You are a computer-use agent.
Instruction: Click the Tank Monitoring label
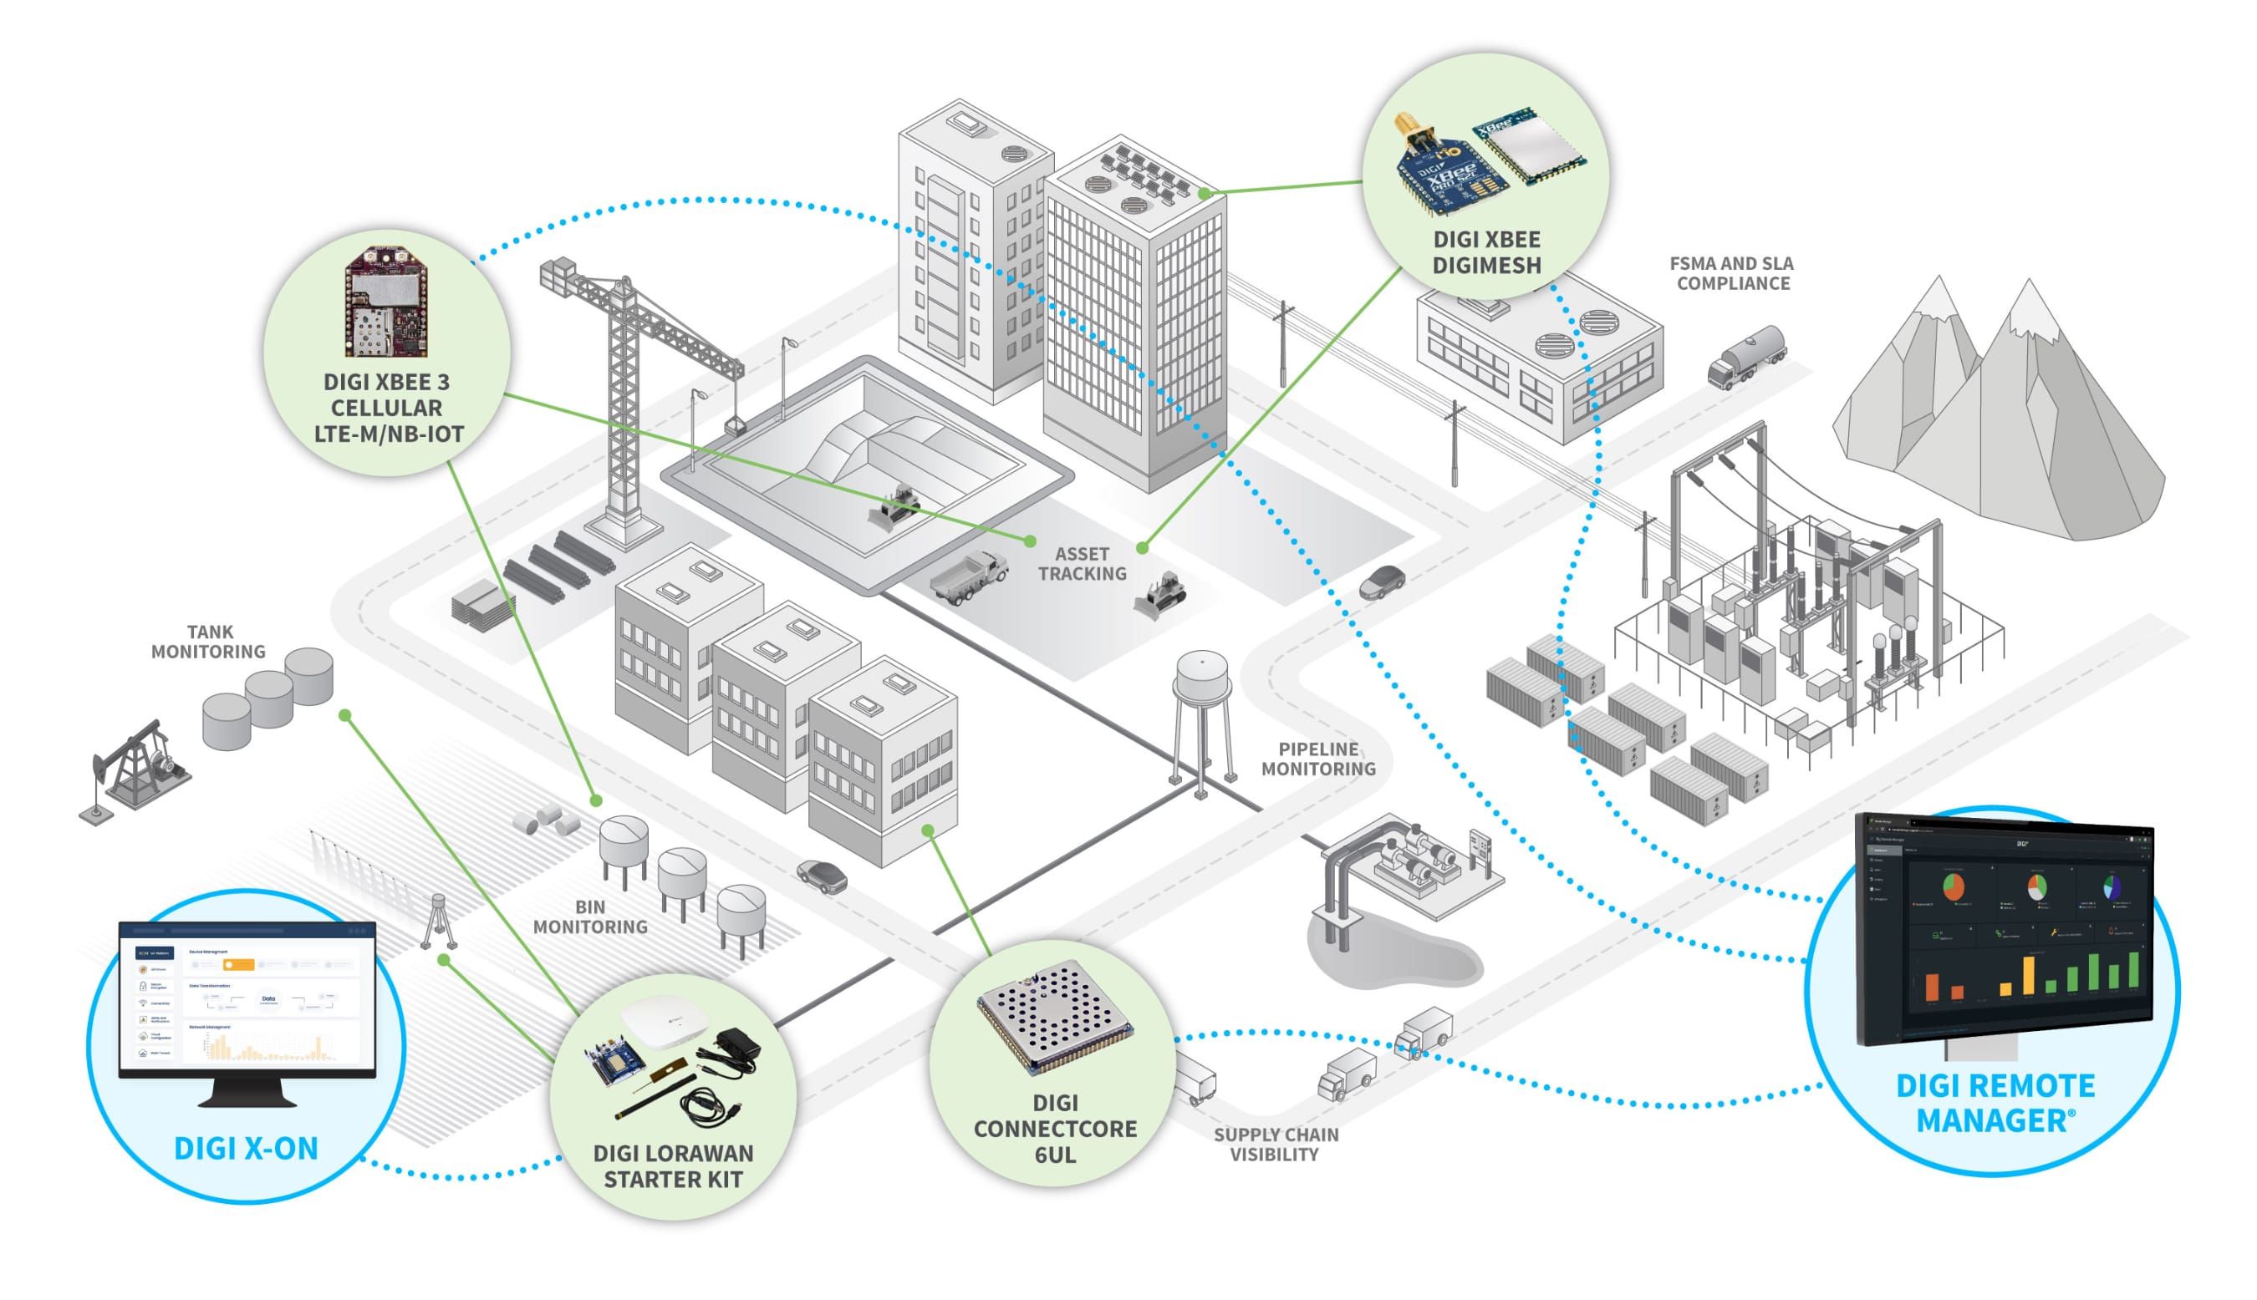click(208, 642)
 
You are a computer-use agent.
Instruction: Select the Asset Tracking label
click(1082, 563)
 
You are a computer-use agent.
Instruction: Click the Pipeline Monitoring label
click(1318, 759)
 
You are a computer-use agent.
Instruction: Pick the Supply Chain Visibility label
click(1276, 1144)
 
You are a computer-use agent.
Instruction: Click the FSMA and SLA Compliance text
click(1732, 273)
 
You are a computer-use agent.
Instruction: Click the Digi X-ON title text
click(246, 1148)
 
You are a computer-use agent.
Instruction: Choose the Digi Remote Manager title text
click(1994, 1103)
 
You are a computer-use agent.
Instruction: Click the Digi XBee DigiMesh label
click(1486, 252)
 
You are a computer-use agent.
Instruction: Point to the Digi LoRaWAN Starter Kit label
click(673, 1166)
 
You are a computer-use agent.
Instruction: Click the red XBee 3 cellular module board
click(387, 303)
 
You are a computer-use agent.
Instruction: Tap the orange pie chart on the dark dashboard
click(1954, 886)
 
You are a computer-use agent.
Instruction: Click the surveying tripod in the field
click(439, 920)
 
